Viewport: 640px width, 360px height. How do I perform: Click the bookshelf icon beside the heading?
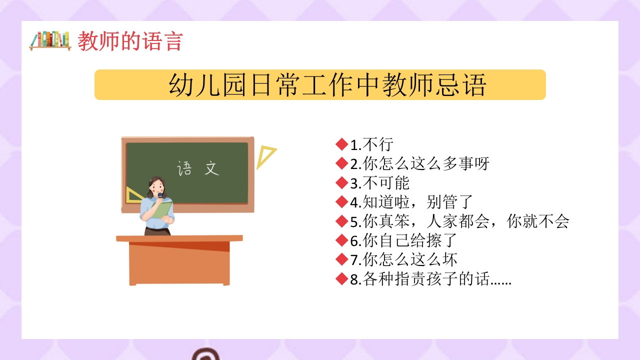pos(49,40)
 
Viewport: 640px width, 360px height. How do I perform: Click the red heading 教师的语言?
pos(130,41)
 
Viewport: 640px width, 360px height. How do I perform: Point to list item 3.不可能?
pos(379,183)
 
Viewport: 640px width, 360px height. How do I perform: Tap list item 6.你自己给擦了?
pos(403,240)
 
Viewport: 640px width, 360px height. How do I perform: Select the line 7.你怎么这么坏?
pos(403,260)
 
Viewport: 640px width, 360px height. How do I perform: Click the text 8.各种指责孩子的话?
pos(430,279)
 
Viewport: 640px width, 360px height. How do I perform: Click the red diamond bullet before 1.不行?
pos(342,145)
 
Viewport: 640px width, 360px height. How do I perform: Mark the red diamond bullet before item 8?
pos(342,279)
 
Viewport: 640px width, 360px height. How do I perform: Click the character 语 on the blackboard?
pos(184,168)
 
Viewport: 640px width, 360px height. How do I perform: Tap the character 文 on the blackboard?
pos(212,168)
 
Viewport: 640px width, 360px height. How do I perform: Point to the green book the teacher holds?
pos(162,209)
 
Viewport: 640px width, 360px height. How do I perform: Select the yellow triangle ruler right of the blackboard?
pos(265,157)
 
